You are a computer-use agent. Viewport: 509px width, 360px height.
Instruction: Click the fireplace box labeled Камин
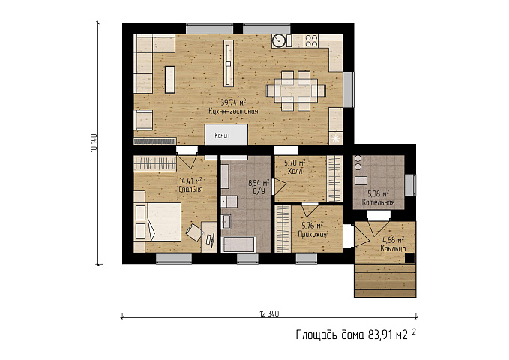click(x=226, y=135)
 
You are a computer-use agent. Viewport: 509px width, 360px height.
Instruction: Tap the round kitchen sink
click(x=279, y=41)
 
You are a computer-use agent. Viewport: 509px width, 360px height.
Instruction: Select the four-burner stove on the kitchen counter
click(x=311, y=41)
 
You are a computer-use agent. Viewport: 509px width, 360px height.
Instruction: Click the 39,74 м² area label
click(x=233, y=103)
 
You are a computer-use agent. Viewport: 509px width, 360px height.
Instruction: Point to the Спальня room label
click(x=191, y=190)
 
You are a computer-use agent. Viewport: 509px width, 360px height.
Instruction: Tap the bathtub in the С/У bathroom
click(x=238, y=244)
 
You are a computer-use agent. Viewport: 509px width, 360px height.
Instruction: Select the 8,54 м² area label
click(x=259, y=183)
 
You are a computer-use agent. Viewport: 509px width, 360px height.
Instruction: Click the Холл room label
click(x=295, y=171)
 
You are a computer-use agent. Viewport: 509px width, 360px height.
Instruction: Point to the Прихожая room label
click(x=312, y=233)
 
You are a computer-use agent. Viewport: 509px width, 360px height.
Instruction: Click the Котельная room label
click(x=378, y=202)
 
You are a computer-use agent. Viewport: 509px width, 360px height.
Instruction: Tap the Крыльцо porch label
click(x=393, y=248)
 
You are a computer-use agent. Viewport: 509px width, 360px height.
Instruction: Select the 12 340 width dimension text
click(x=269, y=313)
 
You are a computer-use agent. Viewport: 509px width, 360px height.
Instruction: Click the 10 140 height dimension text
click(x=94, y=143)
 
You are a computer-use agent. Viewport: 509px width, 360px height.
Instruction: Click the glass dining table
click(x=296, y=90)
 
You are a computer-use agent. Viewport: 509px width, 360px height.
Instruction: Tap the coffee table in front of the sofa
click(x=170, y=79)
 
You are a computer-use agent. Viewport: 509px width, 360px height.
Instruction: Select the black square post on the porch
click(x=409, y=258)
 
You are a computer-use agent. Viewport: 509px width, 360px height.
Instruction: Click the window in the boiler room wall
click(x=410, y=185)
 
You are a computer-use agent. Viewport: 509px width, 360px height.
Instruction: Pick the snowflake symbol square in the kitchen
click(x=336, y=139)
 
